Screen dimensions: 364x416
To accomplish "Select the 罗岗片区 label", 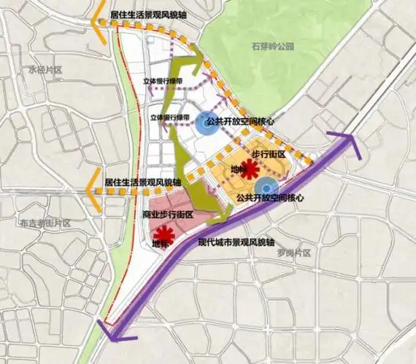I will pos(293,253).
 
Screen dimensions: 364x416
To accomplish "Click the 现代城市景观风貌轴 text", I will pos(233,241).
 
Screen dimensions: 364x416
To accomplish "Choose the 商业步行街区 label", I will pos(168,214).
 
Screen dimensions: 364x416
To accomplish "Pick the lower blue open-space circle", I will pos(270,187).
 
